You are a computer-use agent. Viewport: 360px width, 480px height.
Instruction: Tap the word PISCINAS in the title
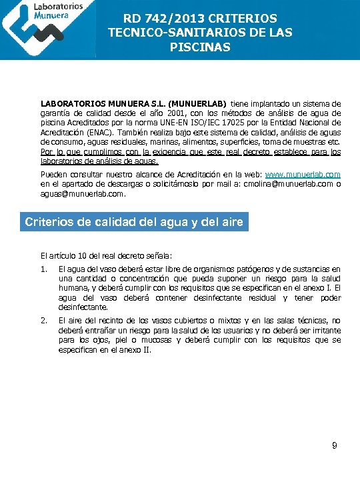click(200, 47)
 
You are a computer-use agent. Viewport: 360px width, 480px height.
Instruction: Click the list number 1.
click(43, 269)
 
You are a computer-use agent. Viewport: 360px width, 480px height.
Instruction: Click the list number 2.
click(43, 321)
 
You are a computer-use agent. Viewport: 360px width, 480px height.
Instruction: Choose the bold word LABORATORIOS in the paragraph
click(73, 104)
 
